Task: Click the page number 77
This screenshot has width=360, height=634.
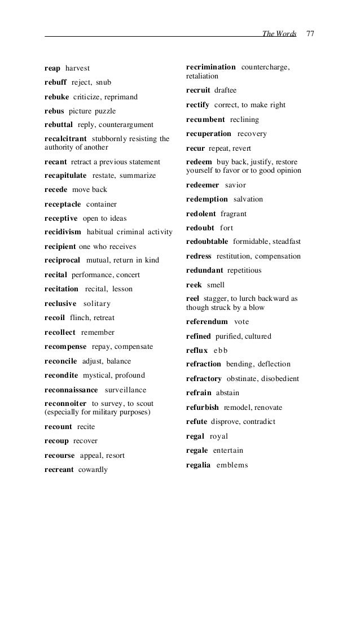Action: [310, 34]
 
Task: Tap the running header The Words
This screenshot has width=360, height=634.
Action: [279, 34]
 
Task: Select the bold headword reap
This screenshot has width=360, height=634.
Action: [52, 69]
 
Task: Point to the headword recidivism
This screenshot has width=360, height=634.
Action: [63, 232]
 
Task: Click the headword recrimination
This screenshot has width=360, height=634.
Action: [210, 67]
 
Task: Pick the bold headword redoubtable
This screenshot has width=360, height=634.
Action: [207, 242]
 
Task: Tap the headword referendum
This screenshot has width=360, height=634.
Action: [207, 322]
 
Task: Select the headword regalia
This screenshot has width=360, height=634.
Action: [198, 465]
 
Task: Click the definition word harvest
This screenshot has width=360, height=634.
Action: [77, 69]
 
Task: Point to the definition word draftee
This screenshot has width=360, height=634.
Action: [226, 90]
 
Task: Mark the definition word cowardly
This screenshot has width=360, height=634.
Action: [93, 470]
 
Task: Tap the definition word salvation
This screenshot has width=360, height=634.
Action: [248, 199]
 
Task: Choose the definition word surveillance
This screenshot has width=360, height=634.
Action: [125, 390]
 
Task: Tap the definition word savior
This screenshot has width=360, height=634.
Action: [235, 185]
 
